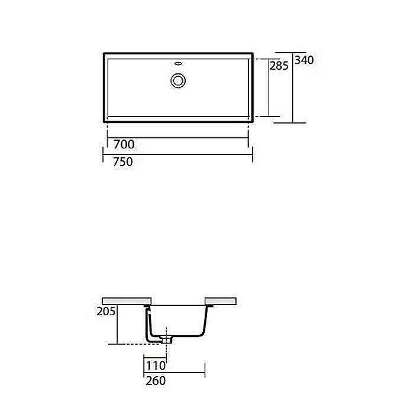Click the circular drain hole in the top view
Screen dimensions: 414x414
[178, 80]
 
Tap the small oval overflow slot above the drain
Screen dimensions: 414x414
[178, 62]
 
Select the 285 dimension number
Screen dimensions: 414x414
[279, 66]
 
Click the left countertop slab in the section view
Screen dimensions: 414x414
[127, 300]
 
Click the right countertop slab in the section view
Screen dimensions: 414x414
[221, 300]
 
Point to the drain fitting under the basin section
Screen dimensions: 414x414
[166, 339]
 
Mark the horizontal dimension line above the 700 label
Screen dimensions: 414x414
[177, 138]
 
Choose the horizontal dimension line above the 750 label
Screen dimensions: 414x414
[177, 155]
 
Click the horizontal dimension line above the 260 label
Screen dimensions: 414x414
[174, 373]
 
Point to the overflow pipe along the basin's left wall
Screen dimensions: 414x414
[148, 322]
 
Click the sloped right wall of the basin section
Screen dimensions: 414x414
[205, 322]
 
